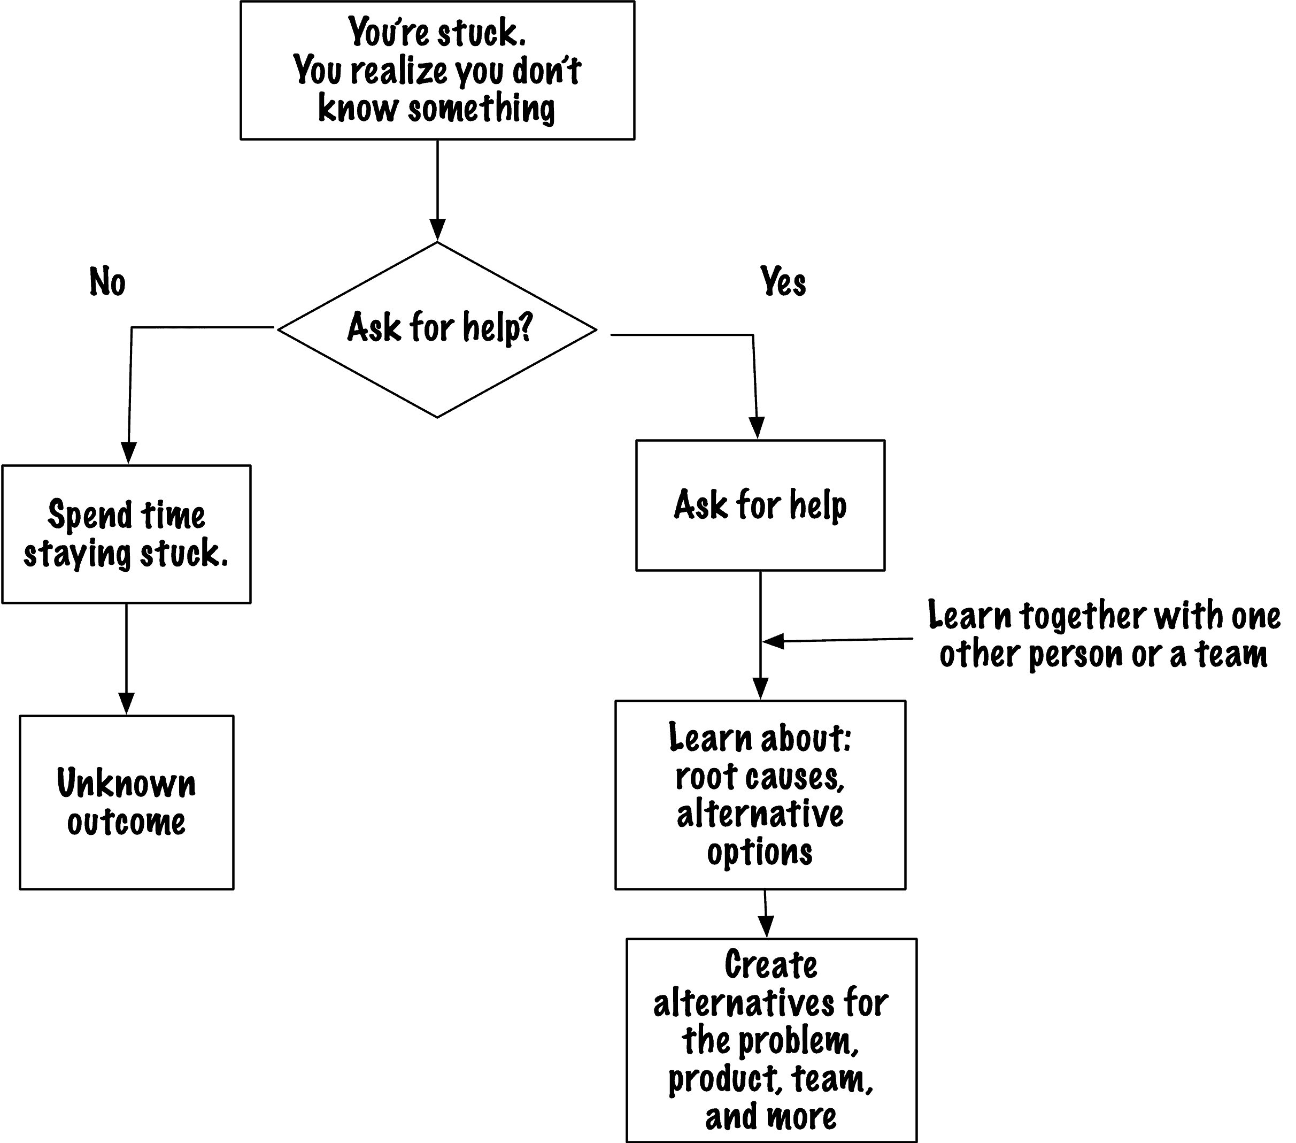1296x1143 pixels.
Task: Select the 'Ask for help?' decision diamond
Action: [x=437, y=330]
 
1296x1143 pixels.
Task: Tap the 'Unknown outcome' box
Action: [x=127, y=802]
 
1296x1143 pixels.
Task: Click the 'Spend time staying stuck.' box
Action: [x=127, y=534]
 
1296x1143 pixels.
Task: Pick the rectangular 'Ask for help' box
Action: [x=760, y=505]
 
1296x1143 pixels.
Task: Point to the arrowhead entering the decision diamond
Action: [x=437, y=230]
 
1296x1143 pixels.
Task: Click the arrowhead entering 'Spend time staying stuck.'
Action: [x=129, y=453]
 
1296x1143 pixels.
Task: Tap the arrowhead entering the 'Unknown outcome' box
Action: [x=127, y=703]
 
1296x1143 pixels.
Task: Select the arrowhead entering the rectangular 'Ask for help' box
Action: [x=757, y=428]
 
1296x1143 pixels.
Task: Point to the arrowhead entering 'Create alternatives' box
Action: [x=767, y=927]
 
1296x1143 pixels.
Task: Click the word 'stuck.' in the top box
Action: [x=481, y=33]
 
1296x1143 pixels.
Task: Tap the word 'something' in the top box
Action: [x=481, y=108]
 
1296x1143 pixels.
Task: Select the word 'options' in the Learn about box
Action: [x=760, y=853]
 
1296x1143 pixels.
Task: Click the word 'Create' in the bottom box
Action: [x=771, y=965]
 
